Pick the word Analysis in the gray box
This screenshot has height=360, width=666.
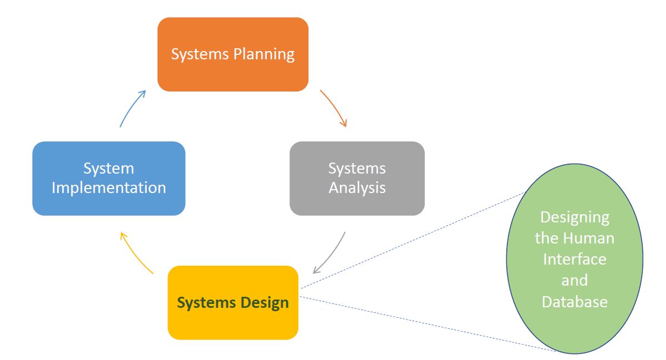[x=357, y=187]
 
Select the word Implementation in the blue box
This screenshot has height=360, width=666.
[x=109, y=187]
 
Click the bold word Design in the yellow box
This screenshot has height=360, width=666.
[x=265, y=303]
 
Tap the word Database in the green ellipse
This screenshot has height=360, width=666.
[x=575, y=302]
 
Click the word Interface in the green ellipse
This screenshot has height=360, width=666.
[x=575, y=259]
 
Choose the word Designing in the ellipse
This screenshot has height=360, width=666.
[x=575, y=217]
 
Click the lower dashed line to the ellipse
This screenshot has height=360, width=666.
[x=427, y=324]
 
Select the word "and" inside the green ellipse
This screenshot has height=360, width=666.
[x=575, y=280]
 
